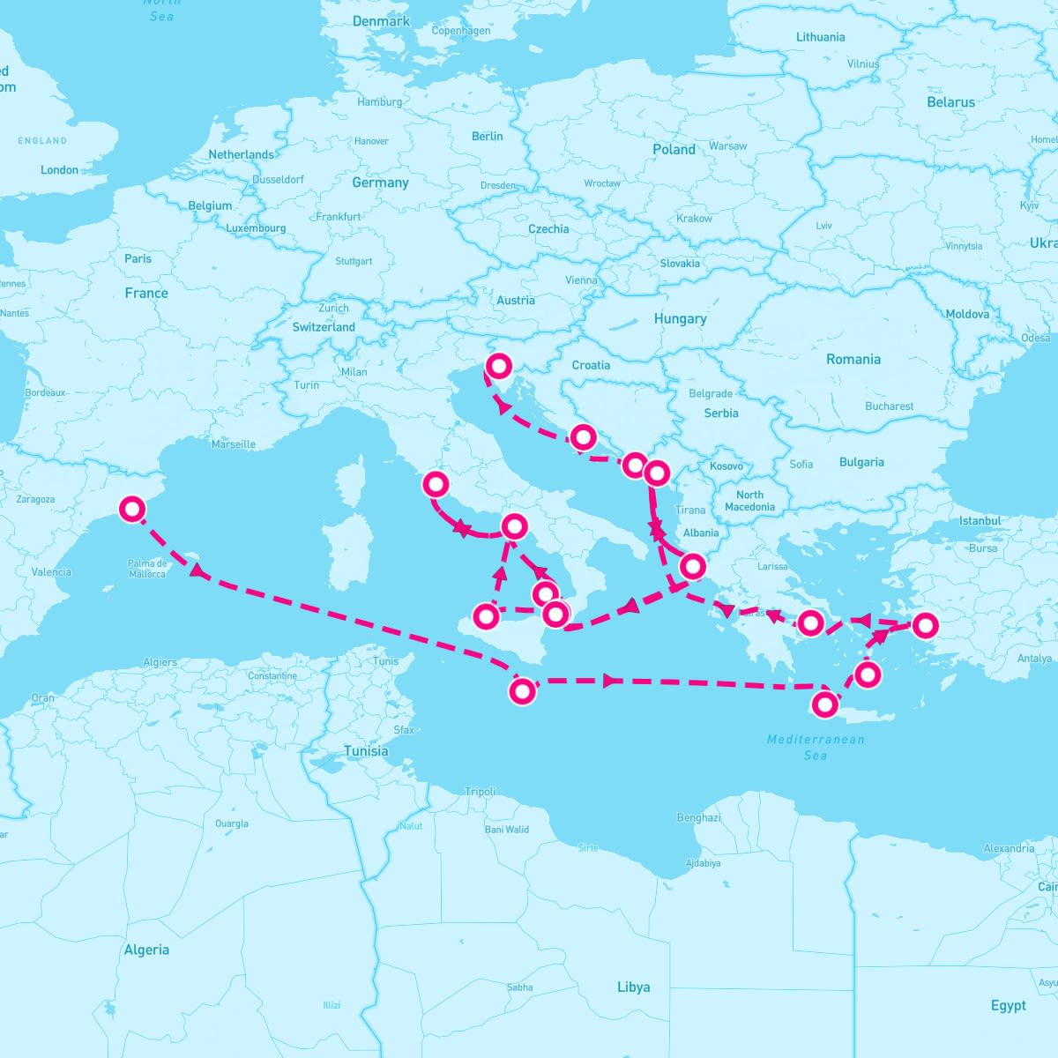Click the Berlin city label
tap(487, 137)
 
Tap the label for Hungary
tap(680, 319)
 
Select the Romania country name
tap(853, 360)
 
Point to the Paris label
tap(138, 258)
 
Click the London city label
tap(59, 170)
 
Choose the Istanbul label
tap(980, 521)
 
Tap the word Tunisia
tap(366, 751)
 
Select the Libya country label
tap(633, 987)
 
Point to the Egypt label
tap(1008, 1005)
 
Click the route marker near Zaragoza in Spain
tap(132, 509)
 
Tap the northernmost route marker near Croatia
tap(499, 365)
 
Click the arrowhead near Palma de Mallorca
tap(198, 573)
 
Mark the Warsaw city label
tap(727, 145)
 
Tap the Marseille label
tap(233, 444)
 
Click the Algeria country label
tap(146, 950)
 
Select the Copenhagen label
tap(460, 31)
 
